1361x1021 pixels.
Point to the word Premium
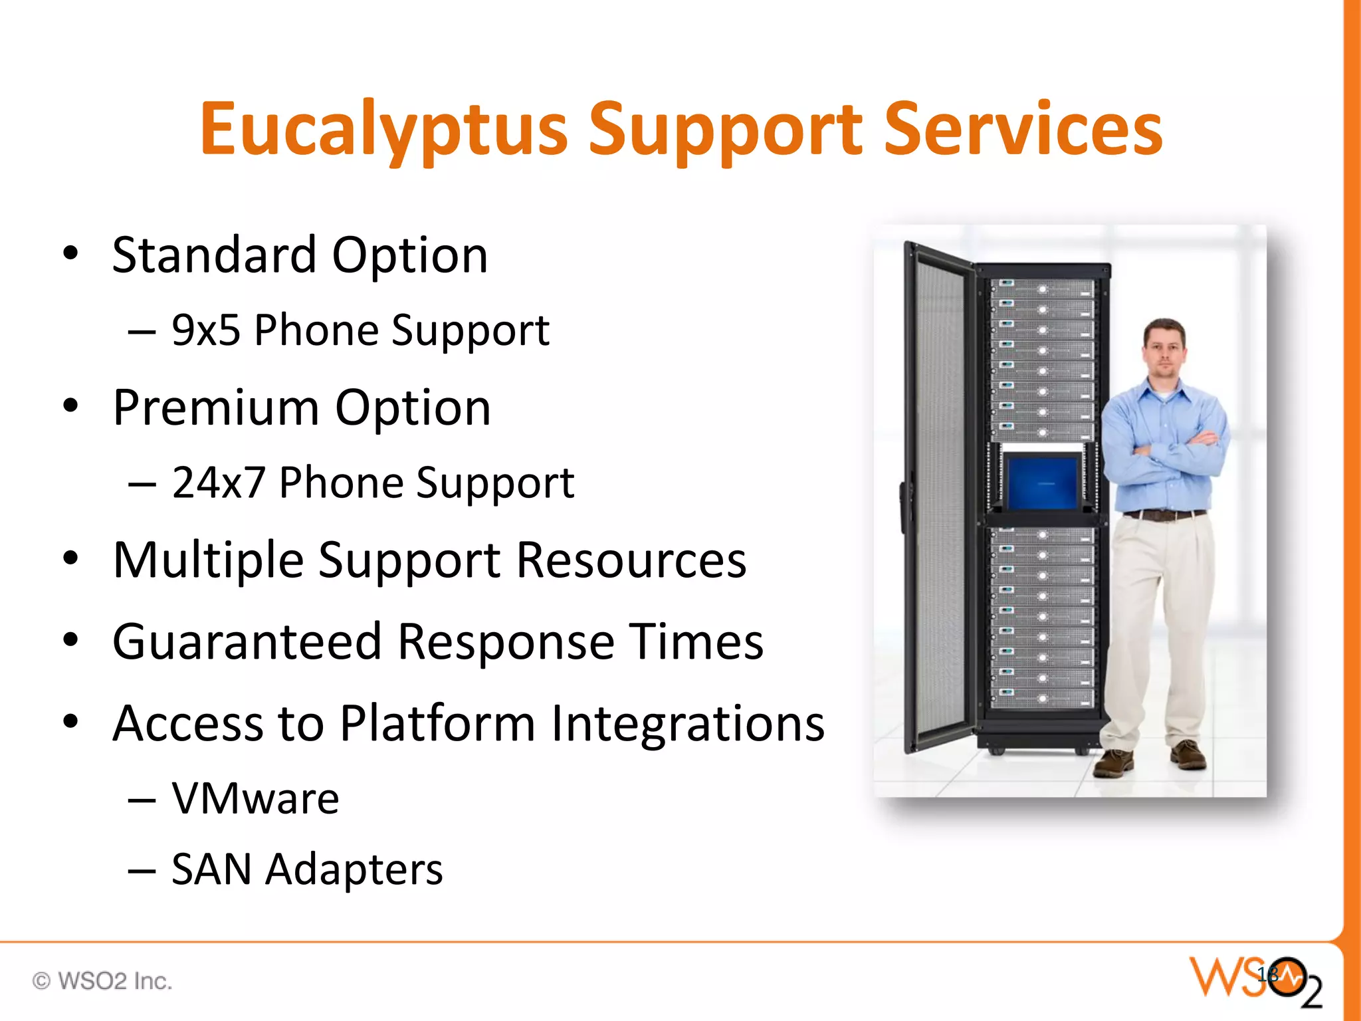(216, 407)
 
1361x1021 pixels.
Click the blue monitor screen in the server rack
(1041, 481)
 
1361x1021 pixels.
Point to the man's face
(1164, 349)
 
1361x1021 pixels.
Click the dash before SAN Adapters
(142, 871)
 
